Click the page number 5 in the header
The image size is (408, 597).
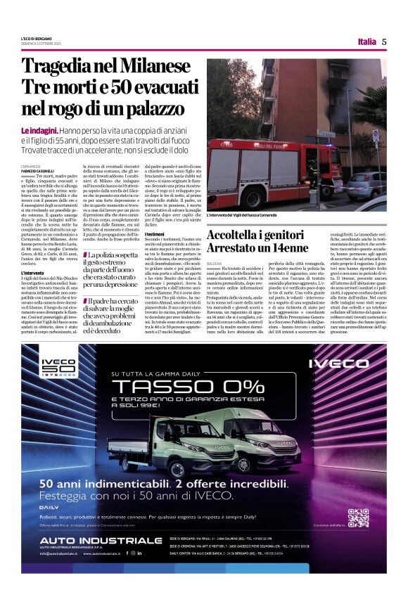click(384, 41)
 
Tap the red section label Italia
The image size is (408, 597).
click(366, 41)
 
